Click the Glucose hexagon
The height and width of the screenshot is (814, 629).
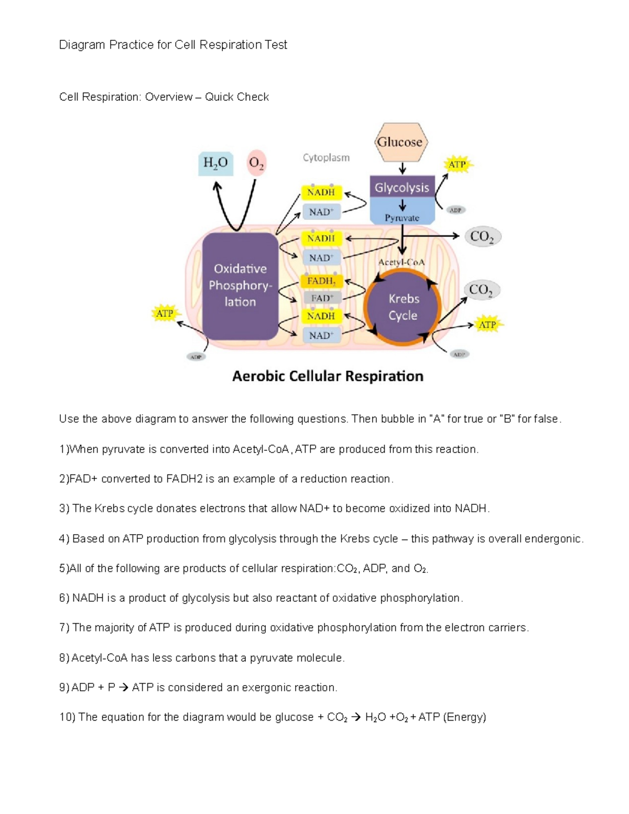tap(402, 142)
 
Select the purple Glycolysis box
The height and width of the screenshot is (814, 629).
tap(402, 187)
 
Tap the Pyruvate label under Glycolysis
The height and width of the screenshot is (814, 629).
tap(402, 218)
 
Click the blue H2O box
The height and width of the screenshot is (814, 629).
tap(215, 163)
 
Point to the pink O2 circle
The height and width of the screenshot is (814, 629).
tap(256, 163)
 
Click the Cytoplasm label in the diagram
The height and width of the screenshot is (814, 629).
tap(326, 157)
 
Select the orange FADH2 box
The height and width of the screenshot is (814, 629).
tap(321, 281)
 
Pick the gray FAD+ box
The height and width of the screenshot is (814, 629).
tap(322, 298)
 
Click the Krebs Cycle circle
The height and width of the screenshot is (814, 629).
tap(403, 307)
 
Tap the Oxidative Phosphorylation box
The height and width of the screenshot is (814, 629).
tap(240, 286)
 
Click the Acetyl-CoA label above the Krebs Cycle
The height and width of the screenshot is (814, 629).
tap(402, 262)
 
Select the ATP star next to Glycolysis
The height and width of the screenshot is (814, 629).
tap(458, 165)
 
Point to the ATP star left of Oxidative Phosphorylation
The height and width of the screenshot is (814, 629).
tap(165, 313)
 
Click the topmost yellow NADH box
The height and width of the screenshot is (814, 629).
tap(321, 192)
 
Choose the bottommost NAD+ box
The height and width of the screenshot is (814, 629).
tap(321, 335)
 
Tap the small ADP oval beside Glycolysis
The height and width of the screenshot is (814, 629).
tap(456, 210)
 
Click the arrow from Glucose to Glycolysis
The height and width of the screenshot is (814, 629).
tap(402, 168)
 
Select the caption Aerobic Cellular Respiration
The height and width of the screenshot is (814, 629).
tap(328, 376)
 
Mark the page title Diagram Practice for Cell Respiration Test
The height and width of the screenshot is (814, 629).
tap(173, 45)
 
